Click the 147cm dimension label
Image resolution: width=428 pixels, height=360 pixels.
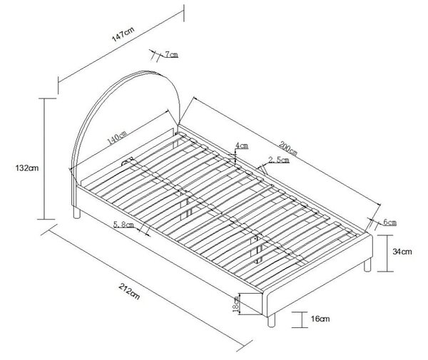pyautogui.click(x=123, y=34)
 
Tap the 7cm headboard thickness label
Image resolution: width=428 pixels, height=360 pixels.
pyautogui.click(x=171, y=55)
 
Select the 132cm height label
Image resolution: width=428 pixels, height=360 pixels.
pyautogui.click(x=27, y=168)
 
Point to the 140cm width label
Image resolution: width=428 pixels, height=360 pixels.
pyautogui.click(x=117, y=138)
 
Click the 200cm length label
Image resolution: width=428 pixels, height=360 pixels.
pyautogui.click(x=287, y=148)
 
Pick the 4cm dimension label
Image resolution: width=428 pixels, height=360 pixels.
pyautogui.click(x=242, y=145)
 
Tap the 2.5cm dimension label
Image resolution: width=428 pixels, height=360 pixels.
pyautogui.click(x=279, y=160)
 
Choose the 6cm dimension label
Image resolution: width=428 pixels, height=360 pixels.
pyautogui.click(x=389, y=222)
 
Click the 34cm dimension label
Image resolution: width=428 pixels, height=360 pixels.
pyautogui.click(x=402, y=252)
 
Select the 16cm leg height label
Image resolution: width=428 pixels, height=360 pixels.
pyautogui.click(x=320, y=319)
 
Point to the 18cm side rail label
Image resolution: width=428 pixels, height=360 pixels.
pyautogui.click(x=235, y=304)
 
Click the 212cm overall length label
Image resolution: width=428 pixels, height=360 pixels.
pyautogui.click(x=129, y=291)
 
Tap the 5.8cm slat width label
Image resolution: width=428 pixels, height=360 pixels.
pyautogui.click(x=123, y=225)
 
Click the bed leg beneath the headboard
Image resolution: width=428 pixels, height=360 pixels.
pyautogui.click(x=77, y=212)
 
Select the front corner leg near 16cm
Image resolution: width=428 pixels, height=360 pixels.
pyautogui.click(x=272, y=320)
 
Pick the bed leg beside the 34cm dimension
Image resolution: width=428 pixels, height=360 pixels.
pyautogui.click(x=367, y=264)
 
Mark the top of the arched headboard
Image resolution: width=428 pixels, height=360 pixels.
pyautogui.click(x=145, y=72)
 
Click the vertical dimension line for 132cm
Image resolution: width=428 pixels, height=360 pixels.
pyautogui.click(x=44, y=158)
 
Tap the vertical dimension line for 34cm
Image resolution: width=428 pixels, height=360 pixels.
pyautogui.click(x=387, y=253)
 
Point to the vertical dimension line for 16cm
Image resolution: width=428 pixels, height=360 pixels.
pyautogui.click(x=302, y=319)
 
